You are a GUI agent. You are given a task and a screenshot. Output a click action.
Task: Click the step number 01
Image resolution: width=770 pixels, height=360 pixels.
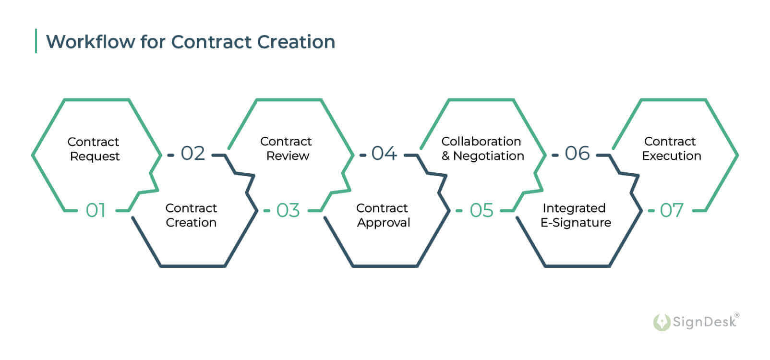click(x=96, y=210)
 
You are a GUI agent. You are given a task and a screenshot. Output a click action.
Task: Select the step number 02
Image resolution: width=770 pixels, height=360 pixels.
click(x=192, y=154)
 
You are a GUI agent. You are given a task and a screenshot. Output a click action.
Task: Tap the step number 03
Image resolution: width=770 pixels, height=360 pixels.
click(x=288, y=210)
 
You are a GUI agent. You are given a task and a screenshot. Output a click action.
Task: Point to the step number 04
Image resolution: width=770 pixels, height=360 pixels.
click(x=384, y=154)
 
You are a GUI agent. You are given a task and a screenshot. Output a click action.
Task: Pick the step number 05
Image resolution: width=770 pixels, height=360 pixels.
click(x=481, y=210)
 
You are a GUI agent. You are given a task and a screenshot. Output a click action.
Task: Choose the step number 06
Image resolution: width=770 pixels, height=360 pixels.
click(x=577, y=154)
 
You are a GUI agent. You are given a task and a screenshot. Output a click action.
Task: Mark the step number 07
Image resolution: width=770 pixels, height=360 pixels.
click(x=672, y=210)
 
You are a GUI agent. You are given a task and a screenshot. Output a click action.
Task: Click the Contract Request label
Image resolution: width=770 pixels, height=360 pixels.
click(x=94, y=149)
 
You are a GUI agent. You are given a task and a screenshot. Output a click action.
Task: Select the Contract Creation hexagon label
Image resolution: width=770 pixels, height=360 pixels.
click(x=191, y=215)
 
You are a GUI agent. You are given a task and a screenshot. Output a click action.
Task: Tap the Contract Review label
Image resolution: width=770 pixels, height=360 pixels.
click(x=287, y=148)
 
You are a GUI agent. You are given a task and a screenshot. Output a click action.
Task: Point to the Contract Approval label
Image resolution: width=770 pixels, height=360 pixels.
click(x=383, y=215)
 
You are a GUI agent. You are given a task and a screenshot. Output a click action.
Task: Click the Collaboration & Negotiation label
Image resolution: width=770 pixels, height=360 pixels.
click(x=482, y=148)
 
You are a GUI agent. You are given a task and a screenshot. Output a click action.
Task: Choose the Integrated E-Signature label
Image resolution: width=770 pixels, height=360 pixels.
click(x=575, y=215)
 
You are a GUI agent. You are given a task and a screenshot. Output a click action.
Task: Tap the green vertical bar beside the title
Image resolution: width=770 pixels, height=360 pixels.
click(x=36, y=41)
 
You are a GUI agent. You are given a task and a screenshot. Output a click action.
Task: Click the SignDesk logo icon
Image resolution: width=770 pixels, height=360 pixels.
click(x=661, y=322)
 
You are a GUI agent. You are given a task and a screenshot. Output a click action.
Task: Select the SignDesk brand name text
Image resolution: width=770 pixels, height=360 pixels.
click(x=704, y=322)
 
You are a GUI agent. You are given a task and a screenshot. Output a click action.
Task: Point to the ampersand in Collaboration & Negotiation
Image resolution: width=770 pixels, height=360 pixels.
click(x=445, y=156)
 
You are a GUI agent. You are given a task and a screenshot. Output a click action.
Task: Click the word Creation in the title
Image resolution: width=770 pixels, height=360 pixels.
click(x=296, y=42)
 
